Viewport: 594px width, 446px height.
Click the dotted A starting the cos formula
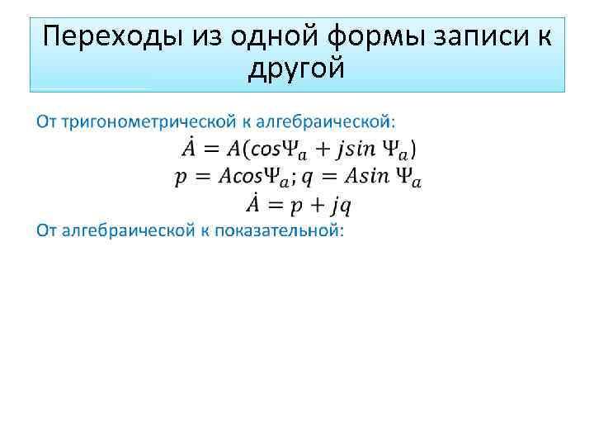tap(189, 149)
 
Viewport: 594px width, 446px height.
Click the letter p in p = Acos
tap(180, 178)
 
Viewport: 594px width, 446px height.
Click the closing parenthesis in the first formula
tap(412, 149)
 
